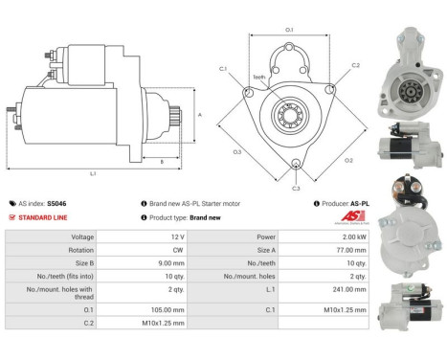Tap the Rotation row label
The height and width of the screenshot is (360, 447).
coord(82,249)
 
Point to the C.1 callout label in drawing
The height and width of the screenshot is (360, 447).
coord(223,69)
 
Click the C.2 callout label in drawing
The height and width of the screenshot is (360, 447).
coord(355,65)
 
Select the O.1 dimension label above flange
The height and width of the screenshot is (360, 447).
coord(289,30)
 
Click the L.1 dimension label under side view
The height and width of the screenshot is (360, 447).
coord(93,172)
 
